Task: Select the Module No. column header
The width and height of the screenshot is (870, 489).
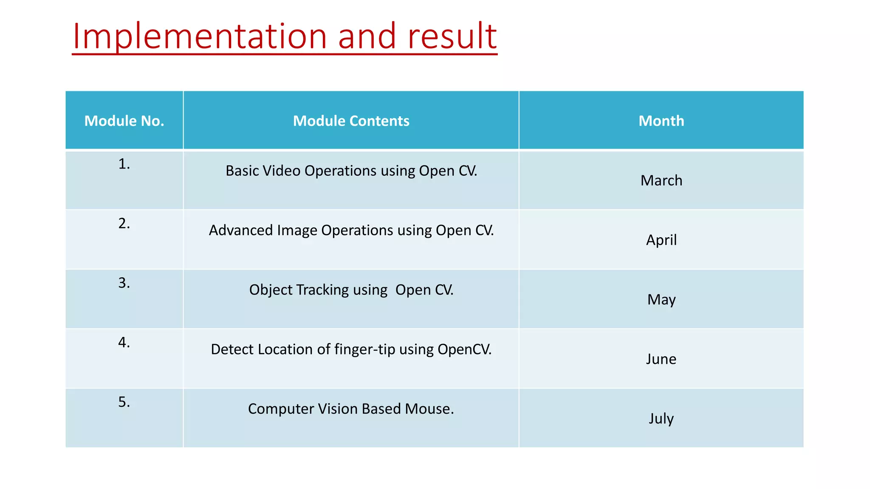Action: (x=124, y=121)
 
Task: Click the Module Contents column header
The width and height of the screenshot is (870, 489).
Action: (x=351, y=121)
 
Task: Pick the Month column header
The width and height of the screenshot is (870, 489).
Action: (x=661, y=121)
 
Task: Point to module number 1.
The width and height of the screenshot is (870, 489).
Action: (x=124, y=164)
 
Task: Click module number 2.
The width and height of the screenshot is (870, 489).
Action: (x=124, y=224)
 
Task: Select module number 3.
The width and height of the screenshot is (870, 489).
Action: (x=124, y=283)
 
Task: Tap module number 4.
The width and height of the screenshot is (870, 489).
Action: (x=124, y=343)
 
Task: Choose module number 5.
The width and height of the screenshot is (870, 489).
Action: (x=124, y=402)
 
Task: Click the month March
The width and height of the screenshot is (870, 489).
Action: (x=661, y=181)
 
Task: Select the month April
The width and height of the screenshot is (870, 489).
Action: (x=661, y=240)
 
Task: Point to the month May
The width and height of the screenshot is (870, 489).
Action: (x=661, y=300)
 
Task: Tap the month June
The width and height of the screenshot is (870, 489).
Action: (x=661, y=359)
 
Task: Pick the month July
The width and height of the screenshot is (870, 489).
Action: (x=661, y=419)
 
